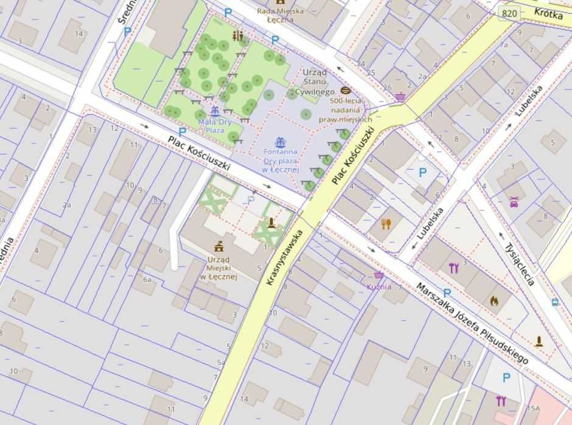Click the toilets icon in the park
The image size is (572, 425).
tap(237, 36)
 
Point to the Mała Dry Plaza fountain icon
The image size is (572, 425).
tap(214, 112)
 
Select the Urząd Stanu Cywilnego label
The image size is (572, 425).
tap(315, 81)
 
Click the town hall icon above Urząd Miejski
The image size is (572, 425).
tap(218, 246)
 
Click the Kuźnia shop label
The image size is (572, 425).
tap(378, 286)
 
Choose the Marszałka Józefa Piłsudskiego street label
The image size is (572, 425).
tap(472, 323)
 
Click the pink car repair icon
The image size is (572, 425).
tap(514, 202)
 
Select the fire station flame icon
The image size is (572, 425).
tap(494, 300)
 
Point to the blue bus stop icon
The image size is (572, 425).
tap(555, 302)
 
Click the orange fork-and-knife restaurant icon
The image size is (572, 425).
tap(386, 224)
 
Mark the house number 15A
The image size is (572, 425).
tap(534, 408)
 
